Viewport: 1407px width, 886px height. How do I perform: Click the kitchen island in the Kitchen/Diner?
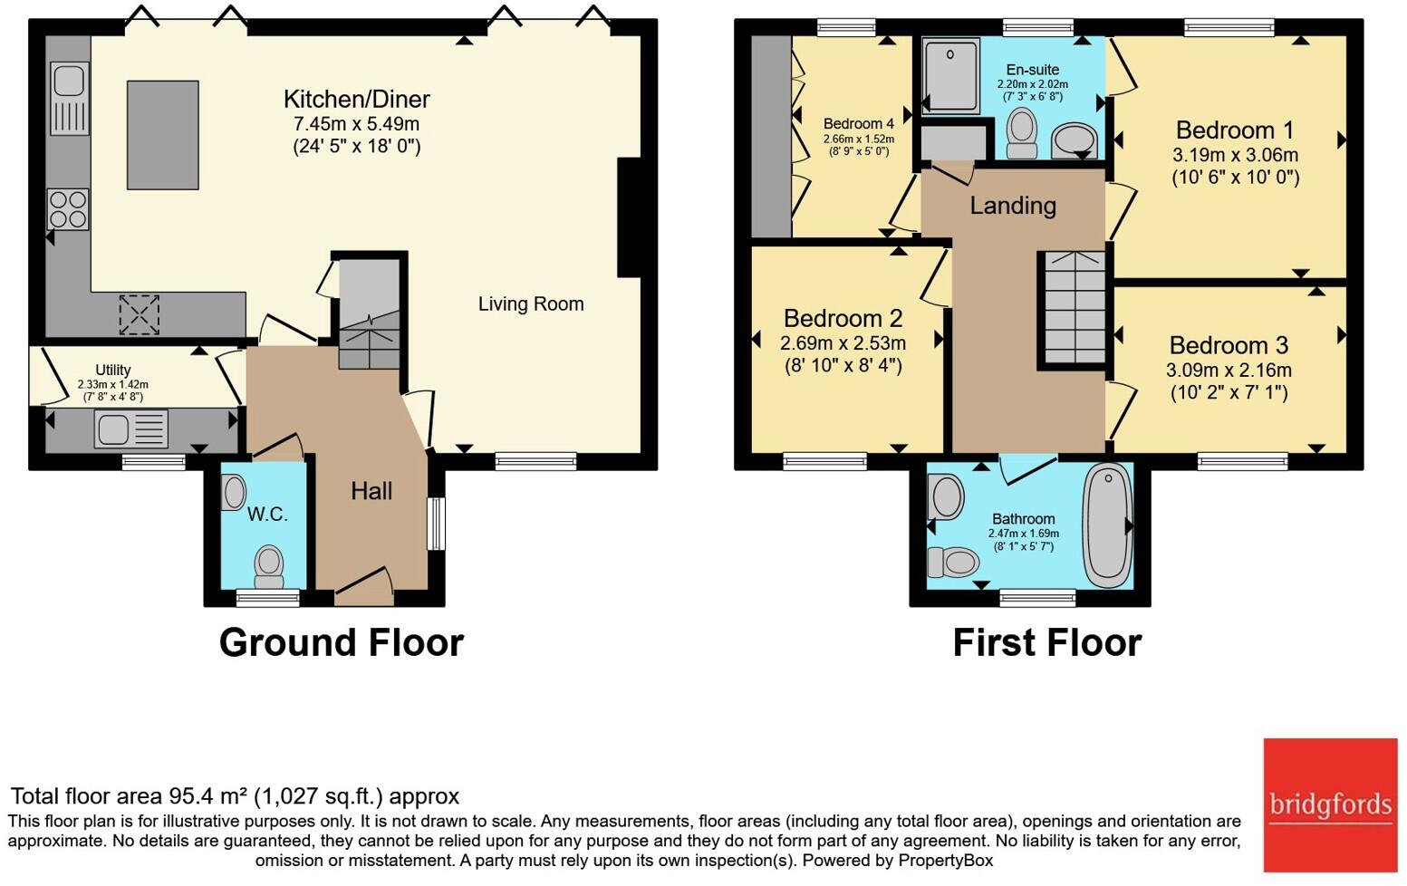[163, 134]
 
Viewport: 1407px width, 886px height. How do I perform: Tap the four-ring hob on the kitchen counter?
[68, 209]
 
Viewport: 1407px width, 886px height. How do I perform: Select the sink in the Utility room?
[131, 429]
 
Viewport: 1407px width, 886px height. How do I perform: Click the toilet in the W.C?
[269, 566]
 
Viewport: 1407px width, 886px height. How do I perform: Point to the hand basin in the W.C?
[234, 492]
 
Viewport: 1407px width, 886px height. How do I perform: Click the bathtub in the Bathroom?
[1108, 526]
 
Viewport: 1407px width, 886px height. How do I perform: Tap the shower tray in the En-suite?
[951, 76]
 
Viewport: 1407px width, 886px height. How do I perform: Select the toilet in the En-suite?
[1022, 133]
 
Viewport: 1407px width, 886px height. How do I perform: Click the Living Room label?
[531, 303]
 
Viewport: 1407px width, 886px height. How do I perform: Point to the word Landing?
[1013, 206]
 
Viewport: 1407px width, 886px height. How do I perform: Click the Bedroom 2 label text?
[843, 318]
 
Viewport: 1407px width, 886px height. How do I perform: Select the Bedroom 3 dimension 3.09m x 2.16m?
[1229, 370]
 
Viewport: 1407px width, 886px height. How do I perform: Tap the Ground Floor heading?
[341, 642]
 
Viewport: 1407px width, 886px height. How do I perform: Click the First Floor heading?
[1047, 642]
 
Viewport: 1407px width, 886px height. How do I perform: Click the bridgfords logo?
[1330, 805]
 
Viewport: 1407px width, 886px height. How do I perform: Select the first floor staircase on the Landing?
[1075, 307]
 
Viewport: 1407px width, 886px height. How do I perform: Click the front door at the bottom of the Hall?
[363, 586]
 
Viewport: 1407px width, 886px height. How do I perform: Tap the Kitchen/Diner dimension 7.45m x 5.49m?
[356, 124]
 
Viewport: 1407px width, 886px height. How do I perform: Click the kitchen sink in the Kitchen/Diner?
[69, 99]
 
